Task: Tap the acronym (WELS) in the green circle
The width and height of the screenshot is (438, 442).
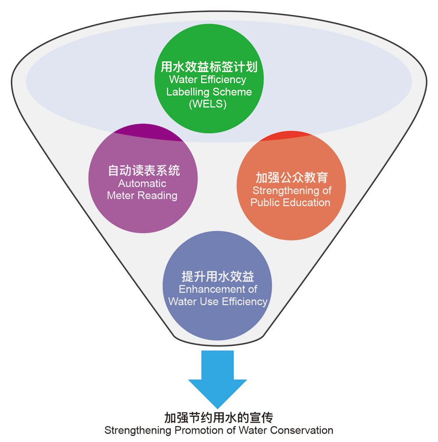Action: click(208, 104)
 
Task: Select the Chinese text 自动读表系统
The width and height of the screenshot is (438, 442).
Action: click(144, 170)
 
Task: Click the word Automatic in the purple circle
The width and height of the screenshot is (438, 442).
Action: click(142, 183)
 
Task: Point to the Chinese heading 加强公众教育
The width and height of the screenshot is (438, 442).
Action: click(291, 178)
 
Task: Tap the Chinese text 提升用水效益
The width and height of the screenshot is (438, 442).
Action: click(218, 277)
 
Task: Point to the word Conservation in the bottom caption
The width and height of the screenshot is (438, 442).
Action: click(303, 430)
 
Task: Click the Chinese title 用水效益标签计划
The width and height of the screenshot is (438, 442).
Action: click(208, 67)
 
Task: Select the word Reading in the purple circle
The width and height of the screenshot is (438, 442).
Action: click(161, 195)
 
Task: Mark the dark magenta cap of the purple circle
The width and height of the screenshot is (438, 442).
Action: click(146, 134)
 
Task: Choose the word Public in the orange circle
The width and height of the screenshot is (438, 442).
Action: click(266, 202)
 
